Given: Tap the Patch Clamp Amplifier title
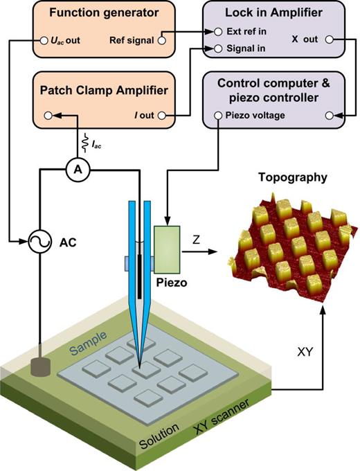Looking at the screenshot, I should [100, 90].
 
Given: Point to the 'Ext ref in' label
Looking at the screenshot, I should [244, 32].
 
